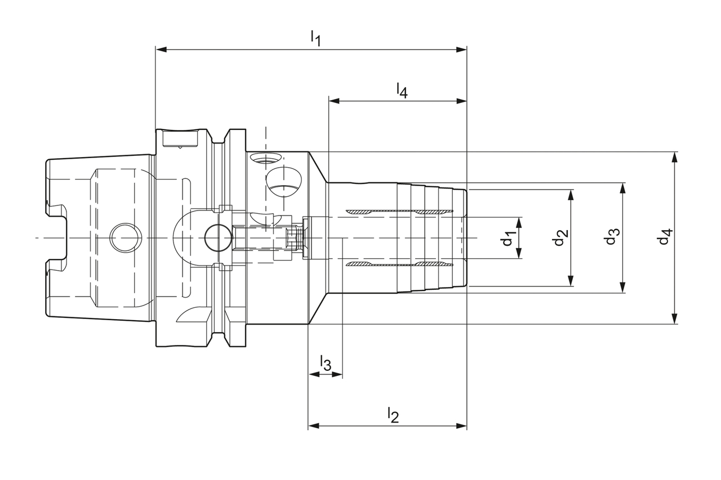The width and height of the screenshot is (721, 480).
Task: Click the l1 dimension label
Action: (x=315, y=39)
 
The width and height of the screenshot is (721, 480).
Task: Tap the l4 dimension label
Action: (x=401, y=90)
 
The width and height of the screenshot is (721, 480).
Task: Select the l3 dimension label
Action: (x=326, y=362)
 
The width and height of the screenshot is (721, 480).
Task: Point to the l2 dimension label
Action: (x=393, y=415)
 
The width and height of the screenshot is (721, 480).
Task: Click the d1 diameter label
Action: (x=508, y=238)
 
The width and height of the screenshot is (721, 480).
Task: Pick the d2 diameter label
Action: (x=559, y=238)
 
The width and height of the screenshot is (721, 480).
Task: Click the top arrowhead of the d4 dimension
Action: (x=675, y=157)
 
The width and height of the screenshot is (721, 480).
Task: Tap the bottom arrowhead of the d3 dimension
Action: (x=622, y=288)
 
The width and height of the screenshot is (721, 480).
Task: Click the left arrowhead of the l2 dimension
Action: (x=313, y=425)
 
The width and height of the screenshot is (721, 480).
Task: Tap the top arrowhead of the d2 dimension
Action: (x=571, y=195)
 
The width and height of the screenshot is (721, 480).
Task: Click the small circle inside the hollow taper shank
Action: (x=124, y=237)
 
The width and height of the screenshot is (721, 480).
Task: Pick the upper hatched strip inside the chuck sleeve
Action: (x=399, y=212)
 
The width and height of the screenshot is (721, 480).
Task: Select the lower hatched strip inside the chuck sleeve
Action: (x=399, y=264)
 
